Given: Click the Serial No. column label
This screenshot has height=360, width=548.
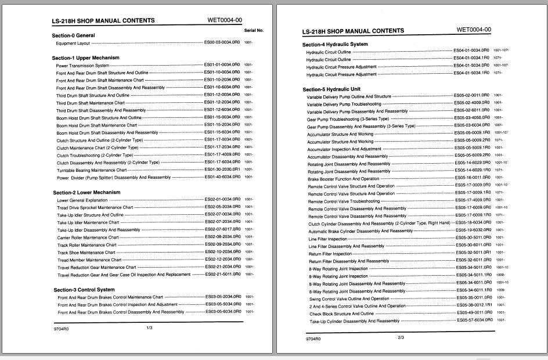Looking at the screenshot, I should coord(254,30).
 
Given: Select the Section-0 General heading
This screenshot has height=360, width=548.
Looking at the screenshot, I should coord(73,35).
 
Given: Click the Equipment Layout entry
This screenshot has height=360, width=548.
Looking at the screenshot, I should coord(73,43).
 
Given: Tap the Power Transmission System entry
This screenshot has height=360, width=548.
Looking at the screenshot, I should coord(82,66).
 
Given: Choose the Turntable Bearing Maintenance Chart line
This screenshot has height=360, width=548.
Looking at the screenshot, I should coord(91,170).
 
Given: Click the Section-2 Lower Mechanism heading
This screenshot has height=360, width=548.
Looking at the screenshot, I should coord(86,192).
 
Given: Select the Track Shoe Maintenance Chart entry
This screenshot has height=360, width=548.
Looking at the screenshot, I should coord(86,252).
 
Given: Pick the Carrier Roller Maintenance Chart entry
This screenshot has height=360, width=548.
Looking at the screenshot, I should coord(89,237).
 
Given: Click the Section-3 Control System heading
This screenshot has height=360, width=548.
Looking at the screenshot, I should coord(84,289).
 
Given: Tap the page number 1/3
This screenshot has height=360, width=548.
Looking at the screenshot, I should coord(149,328).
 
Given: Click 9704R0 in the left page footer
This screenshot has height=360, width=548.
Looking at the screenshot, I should coord(61,329).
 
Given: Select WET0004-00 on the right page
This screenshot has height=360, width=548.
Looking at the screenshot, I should coord(474,30).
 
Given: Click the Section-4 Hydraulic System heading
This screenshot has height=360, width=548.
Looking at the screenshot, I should coord(335,44).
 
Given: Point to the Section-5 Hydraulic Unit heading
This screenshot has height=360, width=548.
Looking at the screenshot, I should coord(331,89).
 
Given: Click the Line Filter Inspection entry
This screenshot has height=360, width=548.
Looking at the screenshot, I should coord(328,239).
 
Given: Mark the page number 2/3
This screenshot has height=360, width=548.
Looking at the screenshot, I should coord(401,337).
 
